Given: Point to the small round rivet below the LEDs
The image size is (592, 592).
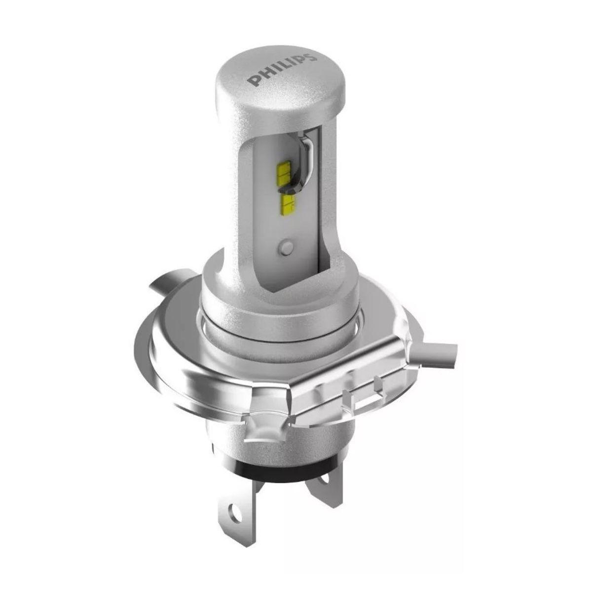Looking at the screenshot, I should [285, 247].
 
